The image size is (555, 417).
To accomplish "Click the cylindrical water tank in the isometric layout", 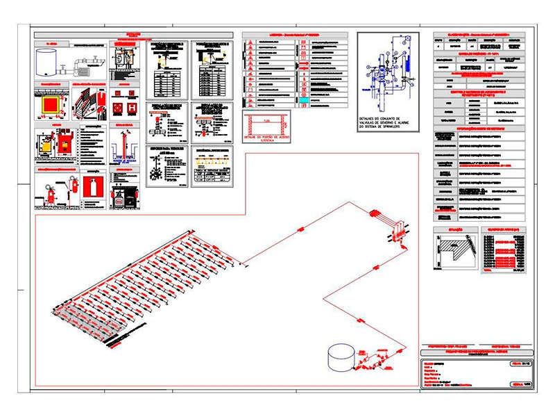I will point(341,357).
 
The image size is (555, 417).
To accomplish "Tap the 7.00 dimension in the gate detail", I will point(267,121).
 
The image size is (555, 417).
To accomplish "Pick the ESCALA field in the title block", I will point(513,384).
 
